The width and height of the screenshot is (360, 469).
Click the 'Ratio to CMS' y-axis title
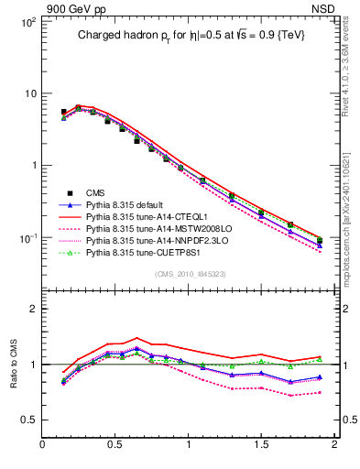point(14,362)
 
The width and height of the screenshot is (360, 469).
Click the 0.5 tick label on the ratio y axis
point(29,420)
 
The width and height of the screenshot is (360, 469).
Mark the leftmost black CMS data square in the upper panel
point(63,112)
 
